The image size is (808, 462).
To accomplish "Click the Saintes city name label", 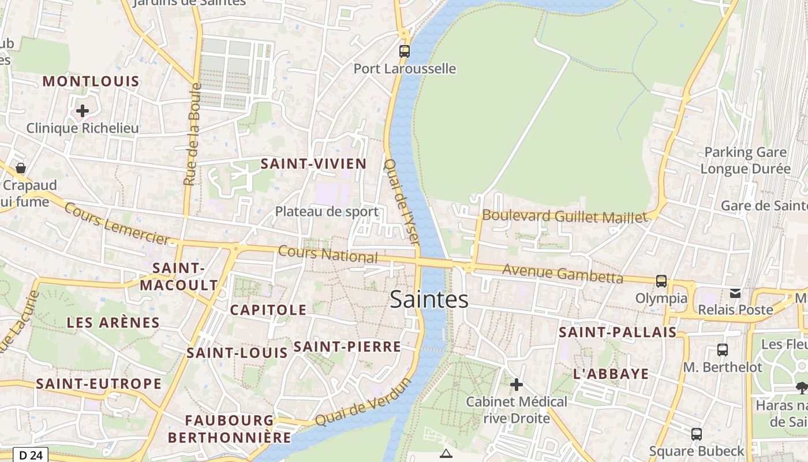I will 429,299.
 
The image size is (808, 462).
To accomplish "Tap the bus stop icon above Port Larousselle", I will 405,51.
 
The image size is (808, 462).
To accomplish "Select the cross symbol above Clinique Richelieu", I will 83,110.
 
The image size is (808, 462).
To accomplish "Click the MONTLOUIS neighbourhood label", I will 91,81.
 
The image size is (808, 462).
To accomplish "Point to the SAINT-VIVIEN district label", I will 313,164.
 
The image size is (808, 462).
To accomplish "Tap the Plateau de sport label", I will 327,211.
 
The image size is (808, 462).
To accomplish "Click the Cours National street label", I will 328,254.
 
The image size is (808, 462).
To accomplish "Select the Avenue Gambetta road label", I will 563,274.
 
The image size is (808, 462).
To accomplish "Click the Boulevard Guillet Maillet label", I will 564,217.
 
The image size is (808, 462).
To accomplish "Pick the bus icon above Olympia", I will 661,281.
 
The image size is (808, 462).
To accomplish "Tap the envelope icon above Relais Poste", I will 735,293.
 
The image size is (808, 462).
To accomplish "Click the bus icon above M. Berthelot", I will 722,350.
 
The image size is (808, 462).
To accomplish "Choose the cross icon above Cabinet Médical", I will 517,384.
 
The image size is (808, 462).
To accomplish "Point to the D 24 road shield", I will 31,455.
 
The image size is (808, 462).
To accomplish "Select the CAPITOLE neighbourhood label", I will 268,310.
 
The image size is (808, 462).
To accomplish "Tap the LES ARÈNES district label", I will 113,323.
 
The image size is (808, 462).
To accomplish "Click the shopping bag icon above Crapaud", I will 21,168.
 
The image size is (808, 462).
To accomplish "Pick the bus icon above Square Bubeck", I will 697,434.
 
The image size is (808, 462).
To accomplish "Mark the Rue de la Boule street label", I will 192,135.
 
